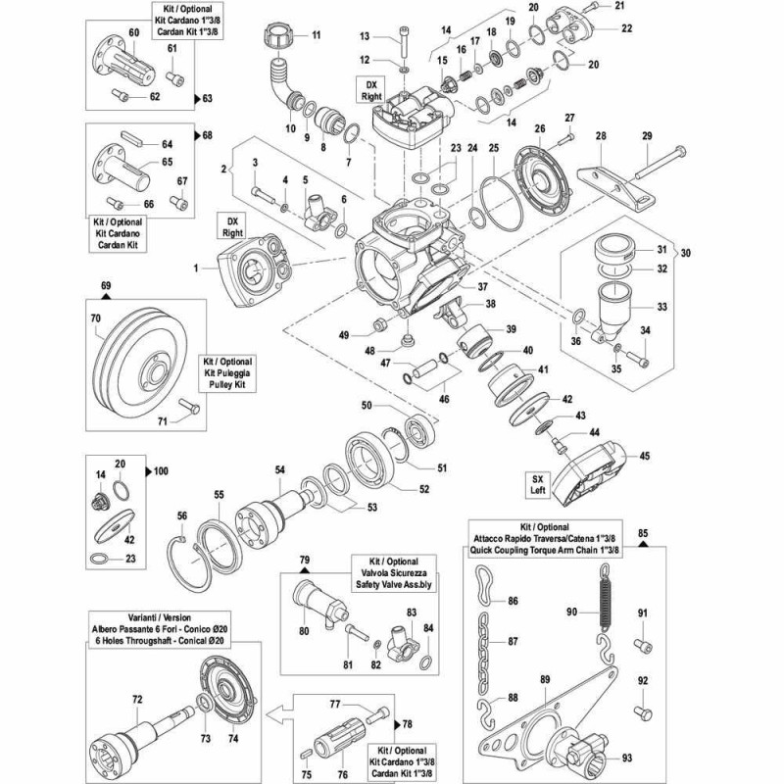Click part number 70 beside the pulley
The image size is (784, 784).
coord(95,318)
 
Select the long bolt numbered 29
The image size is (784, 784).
coord(661,162)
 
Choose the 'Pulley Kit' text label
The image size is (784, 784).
coord(227,385)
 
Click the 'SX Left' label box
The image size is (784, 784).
coord(537,484)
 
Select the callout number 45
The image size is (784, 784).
coord(645,456)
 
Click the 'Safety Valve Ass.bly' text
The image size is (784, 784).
coord(394,584)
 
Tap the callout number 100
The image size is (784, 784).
coord(161,471)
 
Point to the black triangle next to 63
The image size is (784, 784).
coord(197,98)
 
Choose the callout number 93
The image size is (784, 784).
coord(627,758)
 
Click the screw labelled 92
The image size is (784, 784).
coord(643,712)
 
